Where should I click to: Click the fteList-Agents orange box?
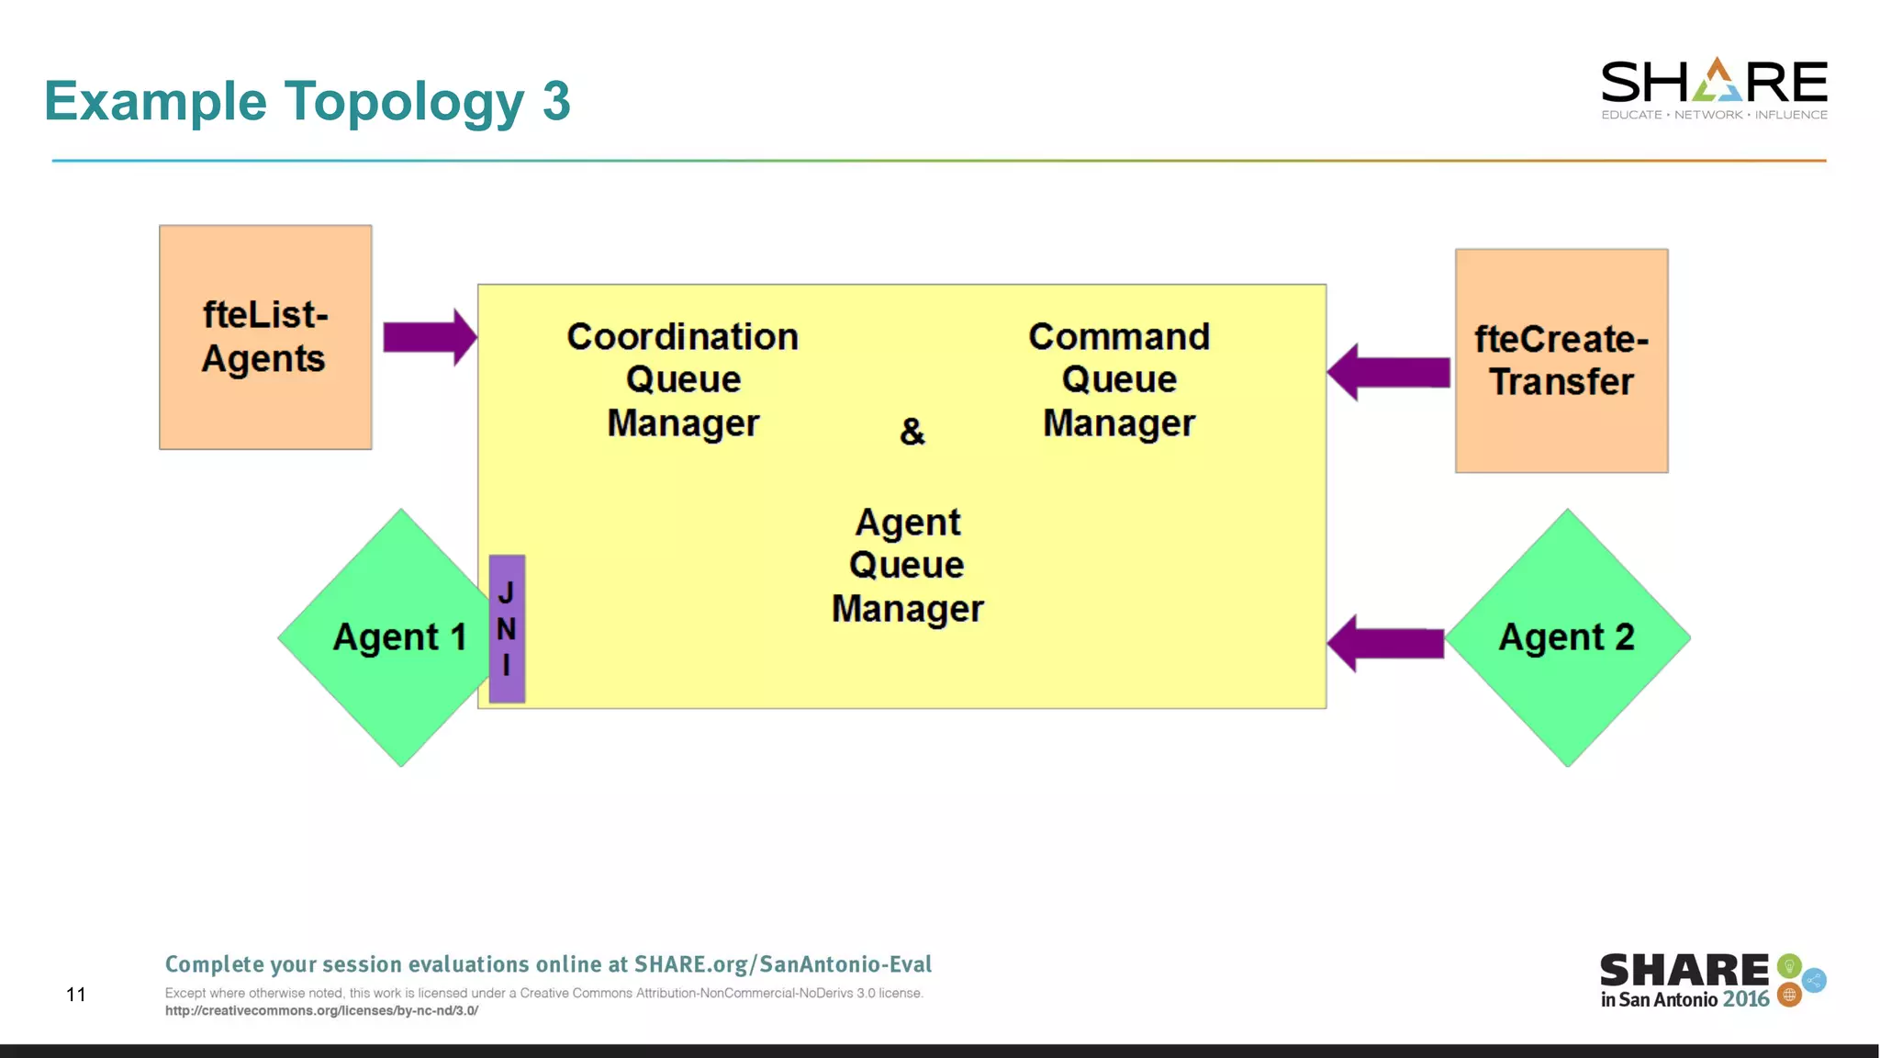(265, 336)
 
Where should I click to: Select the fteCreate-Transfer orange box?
(1561, 360)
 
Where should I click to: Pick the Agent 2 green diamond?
(1567, 637)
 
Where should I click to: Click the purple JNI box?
(507, 629)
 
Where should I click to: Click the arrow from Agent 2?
(1385, 643)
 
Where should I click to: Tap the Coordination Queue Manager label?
(682, 379)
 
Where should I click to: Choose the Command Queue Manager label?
(1118, 379)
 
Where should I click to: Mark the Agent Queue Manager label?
(907, 566)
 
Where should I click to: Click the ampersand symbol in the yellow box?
(912, 431)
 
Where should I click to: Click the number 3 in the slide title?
(556, 101)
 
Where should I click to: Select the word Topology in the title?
(404, 101)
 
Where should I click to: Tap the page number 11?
(76, 994)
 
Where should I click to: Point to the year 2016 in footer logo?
(1746, 999)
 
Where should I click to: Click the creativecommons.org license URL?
(321, 1010)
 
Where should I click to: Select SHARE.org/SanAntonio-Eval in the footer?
(782, 963)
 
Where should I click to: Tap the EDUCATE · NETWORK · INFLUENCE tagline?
(1714, 115)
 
